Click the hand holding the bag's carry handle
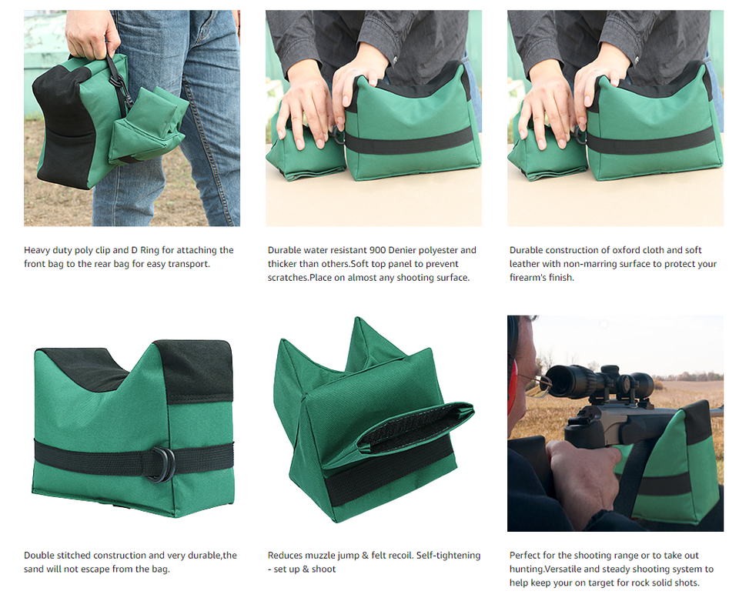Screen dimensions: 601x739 click(91, 34)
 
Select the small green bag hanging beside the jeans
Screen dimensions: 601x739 click(146, 127)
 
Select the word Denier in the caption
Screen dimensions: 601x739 click(411, 250)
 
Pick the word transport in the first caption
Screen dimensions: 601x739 click(189, 264)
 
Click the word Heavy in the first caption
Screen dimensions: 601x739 click(38, 250)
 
